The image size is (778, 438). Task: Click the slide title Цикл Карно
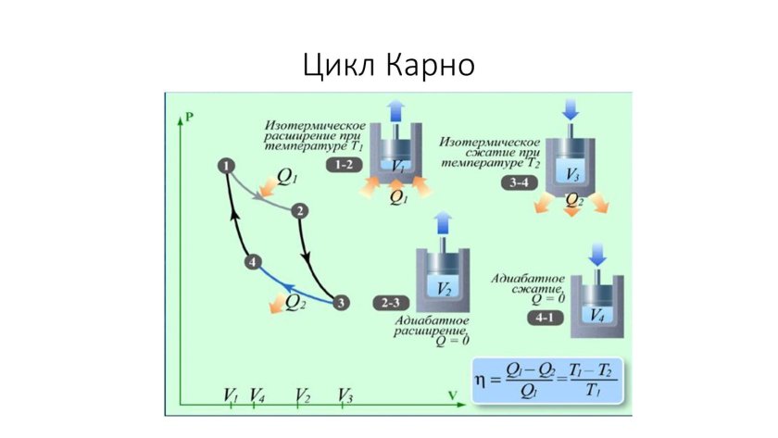[x=389, y=65]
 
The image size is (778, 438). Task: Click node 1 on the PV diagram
[x=225, y=166]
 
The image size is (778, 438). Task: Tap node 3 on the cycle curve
[x=341, y=302]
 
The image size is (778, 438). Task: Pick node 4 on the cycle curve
[x=255, y=263]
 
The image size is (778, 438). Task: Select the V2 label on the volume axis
[x=302, y=394]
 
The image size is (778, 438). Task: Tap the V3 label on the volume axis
[x=345, y=394]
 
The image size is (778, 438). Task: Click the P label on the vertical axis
[x=188, y=117]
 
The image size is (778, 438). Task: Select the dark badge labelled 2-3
[x=389, y=303]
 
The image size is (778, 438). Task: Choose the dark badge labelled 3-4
[x=520, y=183]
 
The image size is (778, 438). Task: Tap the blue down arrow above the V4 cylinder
[x=596, y=254]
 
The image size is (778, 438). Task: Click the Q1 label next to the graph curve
[x=287, y=175]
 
